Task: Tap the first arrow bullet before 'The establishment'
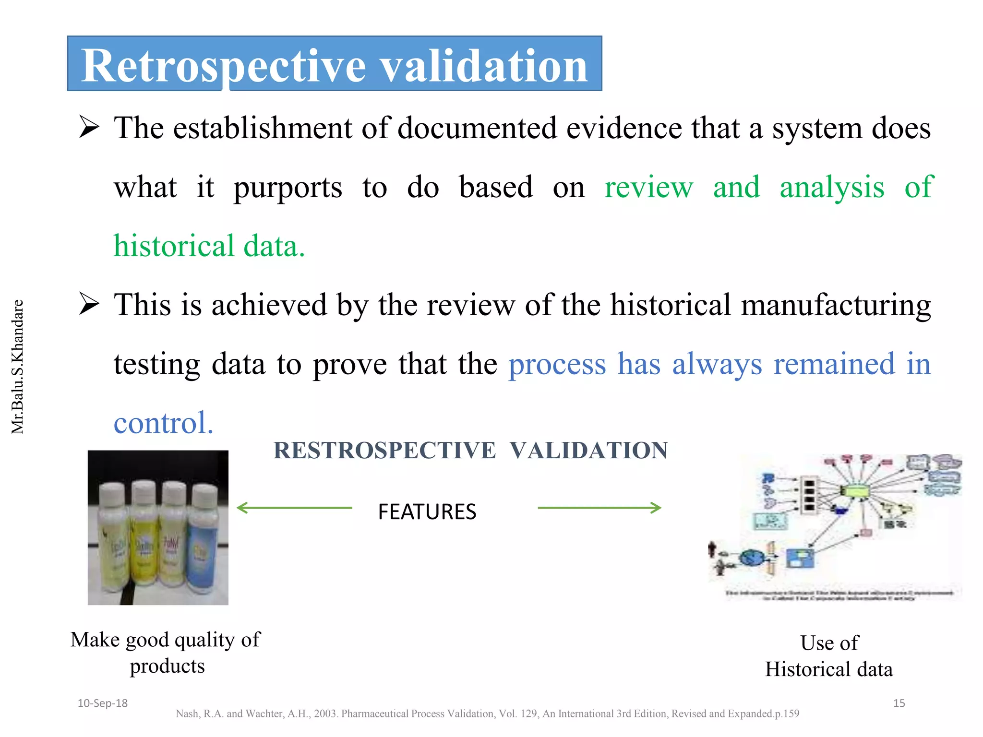(89, 128)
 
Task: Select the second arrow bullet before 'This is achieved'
(89, 304)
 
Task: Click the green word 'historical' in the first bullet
(173, 246)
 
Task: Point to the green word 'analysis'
(832, 187)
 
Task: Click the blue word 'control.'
(163, 423)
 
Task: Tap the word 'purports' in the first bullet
(288, 187)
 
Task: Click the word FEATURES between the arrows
(427, 511)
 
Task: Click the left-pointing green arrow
(294, 508)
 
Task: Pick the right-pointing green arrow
(600, 508)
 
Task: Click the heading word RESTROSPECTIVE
(384, 451)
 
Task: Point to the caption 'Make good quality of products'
(166, 653)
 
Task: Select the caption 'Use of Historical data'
(829, 656)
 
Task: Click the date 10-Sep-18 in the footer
(102, 703)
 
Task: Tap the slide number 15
(899, 703)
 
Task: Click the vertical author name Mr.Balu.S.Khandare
(17, 367)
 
